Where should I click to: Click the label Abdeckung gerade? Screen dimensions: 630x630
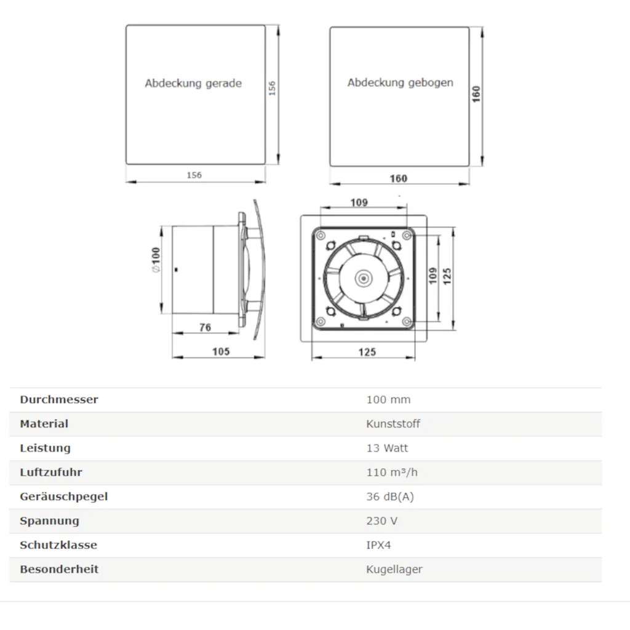pos(193,83)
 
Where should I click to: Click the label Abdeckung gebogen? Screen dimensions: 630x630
pos(400,82)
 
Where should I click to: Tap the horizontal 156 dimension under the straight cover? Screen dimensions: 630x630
pos(194,175)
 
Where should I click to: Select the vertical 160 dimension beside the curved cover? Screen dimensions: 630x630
pos(477,94)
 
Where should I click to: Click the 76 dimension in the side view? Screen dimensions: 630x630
pos(205,328)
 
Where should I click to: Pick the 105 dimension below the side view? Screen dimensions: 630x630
pos(220,351)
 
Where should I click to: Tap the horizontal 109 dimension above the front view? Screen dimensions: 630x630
pos(359,202)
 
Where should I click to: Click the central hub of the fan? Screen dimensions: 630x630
pos(363,277)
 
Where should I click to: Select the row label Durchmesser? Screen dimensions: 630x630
pos(59,399)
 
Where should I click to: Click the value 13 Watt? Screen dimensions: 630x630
pos(387,448)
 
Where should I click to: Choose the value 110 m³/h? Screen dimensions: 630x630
pos(392,472)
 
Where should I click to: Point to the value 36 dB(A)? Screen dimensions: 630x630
pos(390,496)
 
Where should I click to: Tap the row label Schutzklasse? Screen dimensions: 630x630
pos(58,545)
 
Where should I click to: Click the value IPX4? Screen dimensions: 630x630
pos(378,545)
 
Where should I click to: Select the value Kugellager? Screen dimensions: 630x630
pos(394,569)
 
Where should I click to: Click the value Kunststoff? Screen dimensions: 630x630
pos(393,424)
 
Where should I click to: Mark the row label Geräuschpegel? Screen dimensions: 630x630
pos(63,496)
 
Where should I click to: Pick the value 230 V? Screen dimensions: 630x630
pos(381,521)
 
